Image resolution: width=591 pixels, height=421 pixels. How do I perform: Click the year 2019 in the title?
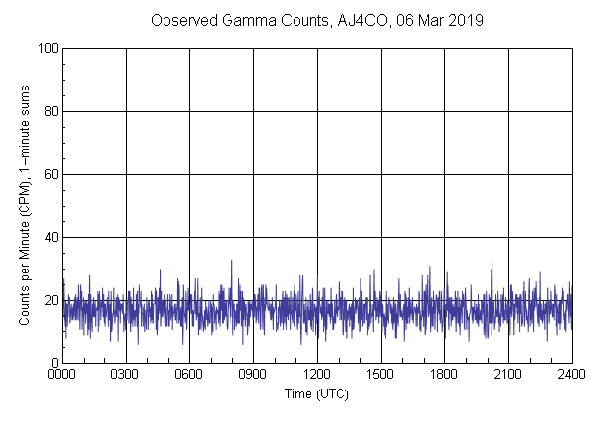tap(464, 20)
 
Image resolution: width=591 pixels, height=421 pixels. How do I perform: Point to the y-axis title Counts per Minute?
tap(23, 207)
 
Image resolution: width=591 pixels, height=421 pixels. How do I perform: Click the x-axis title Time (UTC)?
tap(316, 392)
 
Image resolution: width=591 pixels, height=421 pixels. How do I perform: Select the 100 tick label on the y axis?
tap(47, 48)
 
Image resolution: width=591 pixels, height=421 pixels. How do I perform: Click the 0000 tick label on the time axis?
tap(62, 374)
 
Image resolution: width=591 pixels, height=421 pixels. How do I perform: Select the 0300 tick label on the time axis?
tap(126, 374)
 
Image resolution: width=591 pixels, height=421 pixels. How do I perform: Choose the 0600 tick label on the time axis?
tap(189, 374)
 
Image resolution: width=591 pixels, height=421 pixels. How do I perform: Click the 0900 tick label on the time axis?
tap(253, 374)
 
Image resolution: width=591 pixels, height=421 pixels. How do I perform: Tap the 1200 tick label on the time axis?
tap(317, 374)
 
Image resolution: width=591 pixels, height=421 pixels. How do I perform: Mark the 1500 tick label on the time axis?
tap(380, 374)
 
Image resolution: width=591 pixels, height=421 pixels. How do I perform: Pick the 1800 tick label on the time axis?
tap(444, 374)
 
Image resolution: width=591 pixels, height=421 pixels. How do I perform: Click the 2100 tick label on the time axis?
tap(508, 374)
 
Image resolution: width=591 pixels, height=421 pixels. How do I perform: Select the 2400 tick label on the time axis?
tap(571, 374)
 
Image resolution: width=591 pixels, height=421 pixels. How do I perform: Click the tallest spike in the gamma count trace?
tap(492, 255)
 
